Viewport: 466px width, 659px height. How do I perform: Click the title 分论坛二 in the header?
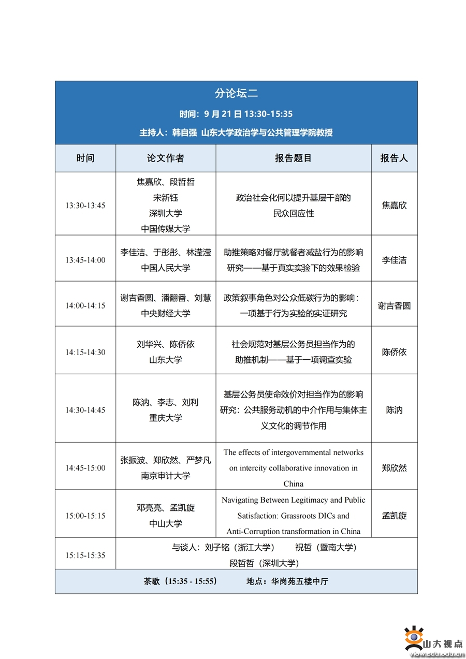pos(236,94)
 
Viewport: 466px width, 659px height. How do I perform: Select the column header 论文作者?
pos(165,158)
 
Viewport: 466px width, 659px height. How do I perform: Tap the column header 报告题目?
pos(293,158)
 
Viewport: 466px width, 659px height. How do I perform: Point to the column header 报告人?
pos(394,158)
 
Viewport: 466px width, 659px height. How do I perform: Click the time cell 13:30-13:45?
pos(85,206)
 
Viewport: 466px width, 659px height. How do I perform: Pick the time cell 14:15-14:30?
pos(85,352)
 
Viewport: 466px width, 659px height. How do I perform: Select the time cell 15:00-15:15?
pos(85,516)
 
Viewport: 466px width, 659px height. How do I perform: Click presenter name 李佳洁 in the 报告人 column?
pos(394,260)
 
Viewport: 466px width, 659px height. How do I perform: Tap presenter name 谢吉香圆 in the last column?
pos(394,305)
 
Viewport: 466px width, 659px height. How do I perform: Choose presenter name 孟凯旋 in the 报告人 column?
pos(394,516)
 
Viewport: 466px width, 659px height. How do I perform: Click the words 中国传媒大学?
pos(165,229)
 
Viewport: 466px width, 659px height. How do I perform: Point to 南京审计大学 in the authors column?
pos(165,476)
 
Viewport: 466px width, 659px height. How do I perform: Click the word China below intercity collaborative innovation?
pos(293,484)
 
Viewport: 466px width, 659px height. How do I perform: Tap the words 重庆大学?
pos(165,418)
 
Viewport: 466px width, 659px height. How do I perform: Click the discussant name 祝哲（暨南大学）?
pos(326,548)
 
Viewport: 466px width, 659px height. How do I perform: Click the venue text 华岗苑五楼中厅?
pos(300,581)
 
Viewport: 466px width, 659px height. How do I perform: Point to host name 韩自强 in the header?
pos(184,133)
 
